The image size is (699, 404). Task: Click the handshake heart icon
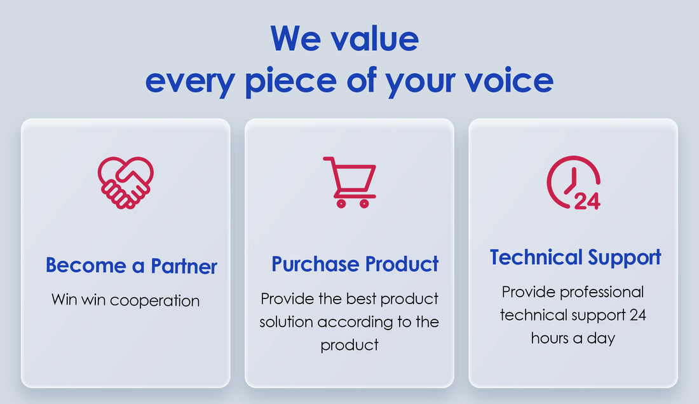pyautogui.click(x=126, y=183)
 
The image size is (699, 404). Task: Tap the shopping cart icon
pyautogui.click(x=350, y=182)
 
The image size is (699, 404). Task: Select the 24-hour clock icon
pyautogui.click(x=574, y=183)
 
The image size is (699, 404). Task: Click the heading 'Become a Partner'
pyautogui.click(x=131, y=265)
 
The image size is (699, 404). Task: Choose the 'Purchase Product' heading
pyautogui.click(x=355, y=264)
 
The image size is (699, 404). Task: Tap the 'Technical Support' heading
pyautogui.click(x=575, y=258)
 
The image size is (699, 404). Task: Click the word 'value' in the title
pyautogui.click(x=375, y=39)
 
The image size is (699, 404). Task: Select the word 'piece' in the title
pyautogui.click(x=291, y=81)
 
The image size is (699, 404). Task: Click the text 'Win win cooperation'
pyautogui.click(x=126, y=300)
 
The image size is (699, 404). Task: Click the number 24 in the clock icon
pyautogui.click(x=588, y=201)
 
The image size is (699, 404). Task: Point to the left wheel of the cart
pyautogui.click(x=341, y=204)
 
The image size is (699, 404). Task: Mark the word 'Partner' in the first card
pyautogui.click(x=184, y=266)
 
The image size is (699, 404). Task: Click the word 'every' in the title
pyautogui.click(x=191, y=82)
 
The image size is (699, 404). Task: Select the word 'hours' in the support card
pyautogui.click(x=550, y=338)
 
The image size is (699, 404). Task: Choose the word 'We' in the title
pyautogui.click(x=295, y=39)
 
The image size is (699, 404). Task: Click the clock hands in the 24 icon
pyautogui.click(x=572, y=181)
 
